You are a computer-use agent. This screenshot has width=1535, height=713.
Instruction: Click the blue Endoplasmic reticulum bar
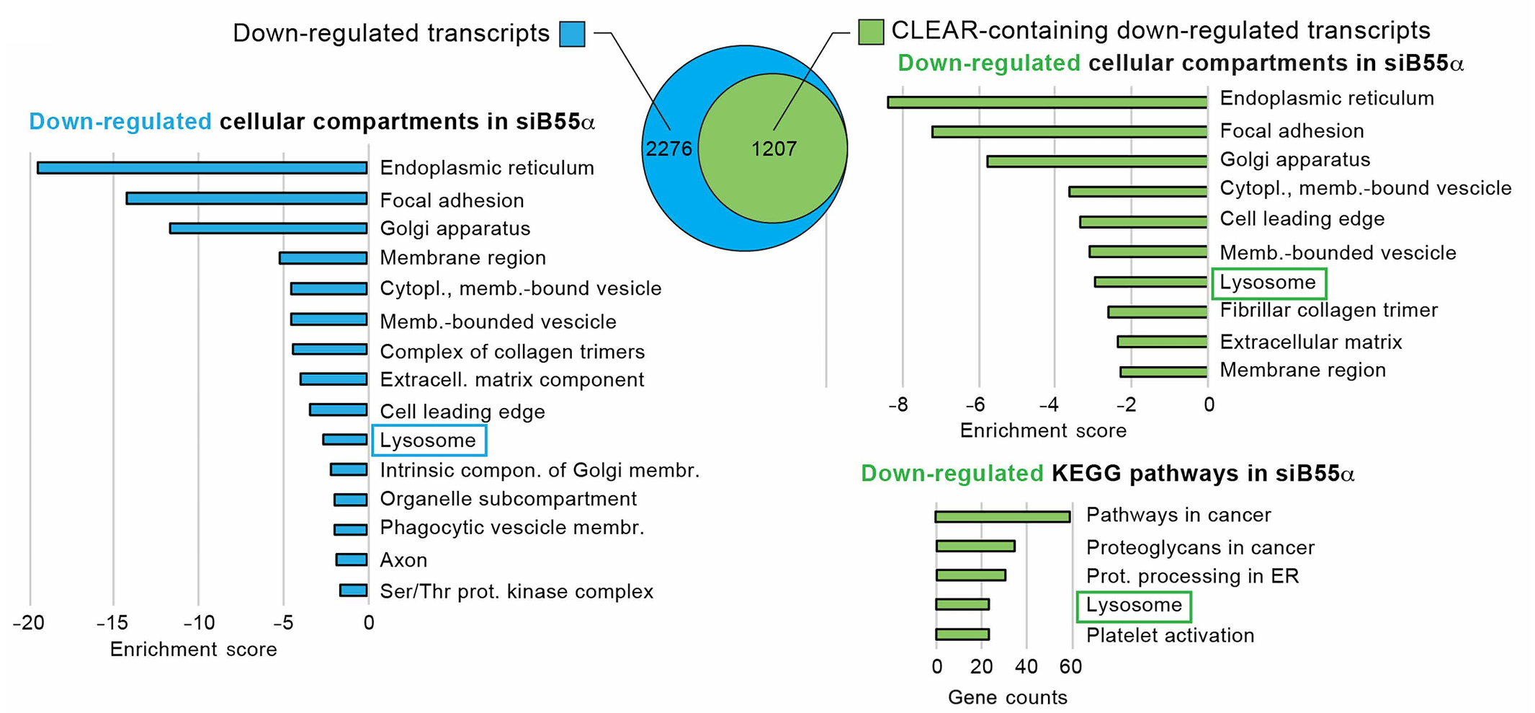[x=202, y=168]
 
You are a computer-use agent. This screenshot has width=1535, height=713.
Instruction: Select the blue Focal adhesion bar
[x=246, y=198]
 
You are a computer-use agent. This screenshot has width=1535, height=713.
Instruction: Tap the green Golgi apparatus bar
[x=1096, y=161]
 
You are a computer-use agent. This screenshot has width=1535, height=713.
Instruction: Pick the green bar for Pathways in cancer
[x=1002, y=516]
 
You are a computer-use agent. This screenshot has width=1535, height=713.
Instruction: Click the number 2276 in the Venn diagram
[x=668, y=149]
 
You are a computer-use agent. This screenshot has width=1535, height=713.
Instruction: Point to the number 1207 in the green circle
[x=774, y=149]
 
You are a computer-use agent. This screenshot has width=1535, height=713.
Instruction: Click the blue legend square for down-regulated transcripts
[x=572, y=34]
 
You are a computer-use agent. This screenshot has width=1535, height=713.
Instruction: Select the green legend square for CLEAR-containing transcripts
[x=871, y=32]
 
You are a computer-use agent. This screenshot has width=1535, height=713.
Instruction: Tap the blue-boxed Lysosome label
[x=428, y=440]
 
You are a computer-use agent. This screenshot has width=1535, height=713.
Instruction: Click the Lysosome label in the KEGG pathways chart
[x=1134, y=606]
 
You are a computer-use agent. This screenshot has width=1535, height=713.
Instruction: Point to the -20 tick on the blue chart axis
[x=29, y=623]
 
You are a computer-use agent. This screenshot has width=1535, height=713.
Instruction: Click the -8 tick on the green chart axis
[x=898, y=405]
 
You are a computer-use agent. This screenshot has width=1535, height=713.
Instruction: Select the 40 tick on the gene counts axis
[x=1026, y=667]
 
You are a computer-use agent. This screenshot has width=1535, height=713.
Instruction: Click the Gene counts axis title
[x=1007, y=697]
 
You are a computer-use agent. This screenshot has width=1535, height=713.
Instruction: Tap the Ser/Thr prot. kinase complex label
[x=516, y=592]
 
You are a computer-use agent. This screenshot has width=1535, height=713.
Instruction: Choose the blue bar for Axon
[x=352, y=559]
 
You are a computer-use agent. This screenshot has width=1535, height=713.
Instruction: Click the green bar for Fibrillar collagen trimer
[x=1157, y=312]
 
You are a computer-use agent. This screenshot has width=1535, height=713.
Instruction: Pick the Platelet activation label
[x=1170, y=636]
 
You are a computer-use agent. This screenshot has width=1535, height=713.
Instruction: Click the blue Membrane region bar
[x=323, y=258]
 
